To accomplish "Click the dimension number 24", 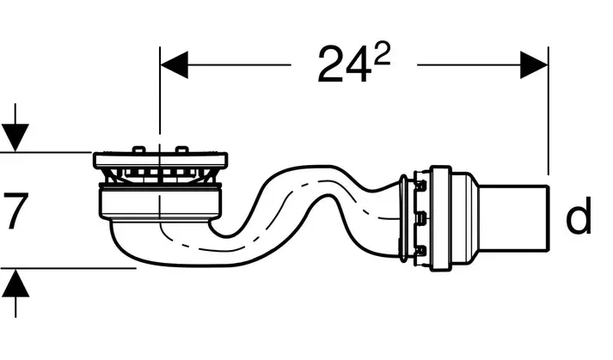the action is tap(344, 64).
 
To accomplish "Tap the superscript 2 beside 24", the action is tap(382, 52).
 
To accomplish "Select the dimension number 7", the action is tap(15, 211).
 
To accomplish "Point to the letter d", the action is tap(579, 216).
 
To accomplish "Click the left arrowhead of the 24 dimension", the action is tap(174, 64).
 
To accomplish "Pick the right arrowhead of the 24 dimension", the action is tap(534, 64).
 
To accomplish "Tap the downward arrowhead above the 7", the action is tap(15, 137).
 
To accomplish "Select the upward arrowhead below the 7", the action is tap(15, 283).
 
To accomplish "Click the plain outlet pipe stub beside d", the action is tap(513, 219).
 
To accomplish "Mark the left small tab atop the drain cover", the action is tap(138, 150).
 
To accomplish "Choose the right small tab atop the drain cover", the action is tap(181, 150).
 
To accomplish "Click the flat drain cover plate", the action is tap(160, 161).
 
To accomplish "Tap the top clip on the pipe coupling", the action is tap(421, 186).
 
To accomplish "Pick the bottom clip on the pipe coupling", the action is tap(421, 250).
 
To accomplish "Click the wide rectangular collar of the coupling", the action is tap(441, 218).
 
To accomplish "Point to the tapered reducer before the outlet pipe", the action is tap(465, 219).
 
